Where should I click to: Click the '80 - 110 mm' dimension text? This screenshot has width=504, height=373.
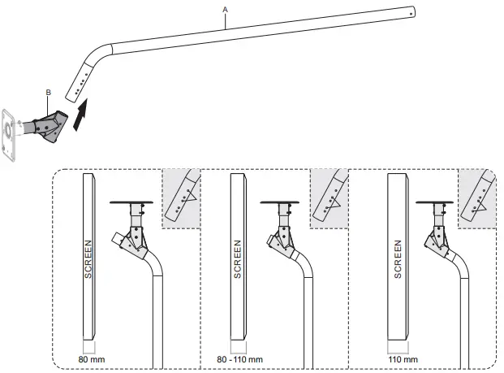[241, 358]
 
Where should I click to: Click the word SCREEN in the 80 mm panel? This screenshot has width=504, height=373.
[88, 259]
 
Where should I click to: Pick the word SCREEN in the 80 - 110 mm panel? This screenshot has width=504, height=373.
[237, 259]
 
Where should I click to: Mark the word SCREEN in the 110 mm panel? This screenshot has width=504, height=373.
[398, 259]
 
